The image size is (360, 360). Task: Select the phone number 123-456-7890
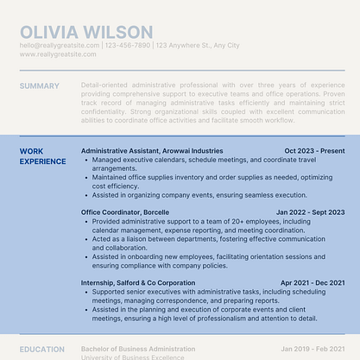(128, 45)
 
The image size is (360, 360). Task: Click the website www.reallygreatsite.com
(57, 54)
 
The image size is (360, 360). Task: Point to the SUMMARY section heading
(40, 86)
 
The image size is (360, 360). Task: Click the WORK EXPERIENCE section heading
(42, 156)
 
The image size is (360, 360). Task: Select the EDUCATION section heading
(42, 350)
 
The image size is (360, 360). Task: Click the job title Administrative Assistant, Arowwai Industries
(152, 151)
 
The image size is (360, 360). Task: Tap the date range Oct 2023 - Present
(314, 151)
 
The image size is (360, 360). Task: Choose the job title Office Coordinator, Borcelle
(125, 212)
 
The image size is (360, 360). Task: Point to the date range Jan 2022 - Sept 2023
(310, 212)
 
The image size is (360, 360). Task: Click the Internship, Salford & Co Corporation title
(138, 283)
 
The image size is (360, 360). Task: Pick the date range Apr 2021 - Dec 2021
(313, 283)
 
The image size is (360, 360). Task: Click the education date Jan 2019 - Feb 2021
(312, 350)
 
